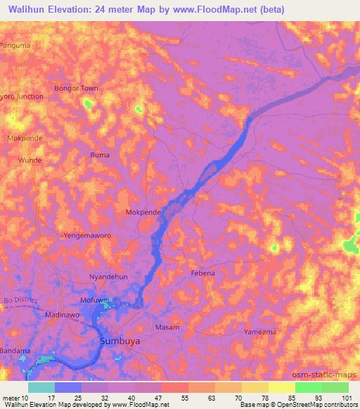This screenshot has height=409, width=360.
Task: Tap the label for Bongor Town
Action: click(76, 89)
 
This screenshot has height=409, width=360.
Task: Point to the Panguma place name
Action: click(16, 46)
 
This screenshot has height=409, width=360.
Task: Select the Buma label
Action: click(101, 155)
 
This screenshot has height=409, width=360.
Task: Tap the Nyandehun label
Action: click(108, 277)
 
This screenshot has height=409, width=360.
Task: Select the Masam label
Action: click(167, 327)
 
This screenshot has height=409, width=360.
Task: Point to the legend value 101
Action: click(347, 397)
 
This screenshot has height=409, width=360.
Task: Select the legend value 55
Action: click(174, 397)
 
